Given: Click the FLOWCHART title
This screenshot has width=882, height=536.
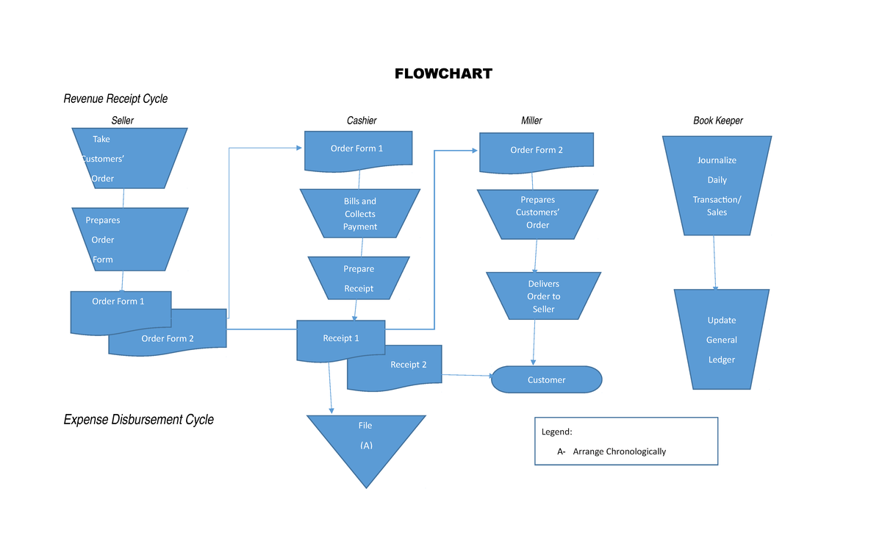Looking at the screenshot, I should (443, 74).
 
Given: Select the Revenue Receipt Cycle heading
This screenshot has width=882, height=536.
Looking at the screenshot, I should (115, 99).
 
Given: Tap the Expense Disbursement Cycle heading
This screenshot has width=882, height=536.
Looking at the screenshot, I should (138, 420).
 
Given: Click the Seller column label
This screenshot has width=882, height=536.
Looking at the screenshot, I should (122, 120).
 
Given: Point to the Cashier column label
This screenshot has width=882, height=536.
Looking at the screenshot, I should (362, 120).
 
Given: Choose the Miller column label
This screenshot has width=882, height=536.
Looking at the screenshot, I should (531, 120).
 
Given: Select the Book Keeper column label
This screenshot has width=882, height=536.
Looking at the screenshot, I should (718, 120).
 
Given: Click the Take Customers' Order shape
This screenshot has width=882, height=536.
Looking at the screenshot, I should (129, 159).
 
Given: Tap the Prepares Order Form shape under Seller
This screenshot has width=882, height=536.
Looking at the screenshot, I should (129, 240).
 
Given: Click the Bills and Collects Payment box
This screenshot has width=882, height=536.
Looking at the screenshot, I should (360, 214).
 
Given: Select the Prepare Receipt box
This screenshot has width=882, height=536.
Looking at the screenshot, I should (359, 279).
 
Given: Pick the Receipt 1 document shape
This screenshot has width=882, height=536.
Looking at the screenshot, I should (340, 338).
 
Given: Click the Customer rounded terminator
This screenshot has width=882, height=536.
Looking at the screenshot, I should (546, 380).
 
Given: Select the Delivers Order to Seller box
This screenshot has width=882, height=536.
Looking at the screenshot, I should (543, 296).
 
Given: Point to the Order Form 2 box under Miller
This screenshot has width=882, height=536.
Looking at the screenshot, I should (537, 150).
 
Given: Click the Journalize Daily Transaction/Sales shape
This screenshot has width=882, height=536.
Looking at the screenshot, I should (717, 186).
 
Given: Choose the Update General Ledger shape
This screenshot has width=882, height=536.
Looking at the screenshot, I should (721, 340).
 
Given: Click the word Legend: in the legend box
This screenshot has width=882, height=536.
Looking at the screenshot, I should (556, 432).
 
